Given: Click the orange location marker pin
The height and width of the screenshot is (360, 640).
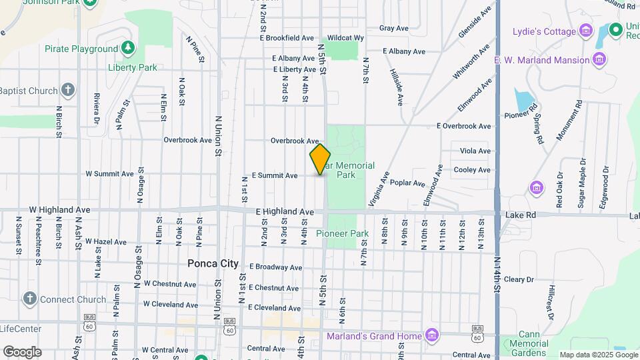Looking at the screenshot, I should pyautogui.click(x=320, y=159).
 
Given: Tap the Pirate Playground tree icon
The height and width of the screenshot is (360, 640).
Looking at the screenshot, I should pyautogui.click(x=128, y=49).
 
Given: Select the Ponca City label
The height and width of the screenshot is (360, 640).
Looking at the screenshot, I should pyautogui.click(x=213, y=263).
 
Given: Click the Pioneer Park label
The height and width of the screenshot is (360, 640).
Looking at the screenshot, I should pyautogui.click(x=342, y=234).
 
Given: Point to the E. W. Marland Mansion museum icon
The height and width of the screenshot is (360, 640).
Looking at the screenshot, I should pyautogui.click(x=599, y=60).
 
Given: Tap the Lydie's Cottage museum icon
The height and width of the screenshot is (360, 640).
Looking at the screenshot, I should pyautogui.click(x=586, y=31).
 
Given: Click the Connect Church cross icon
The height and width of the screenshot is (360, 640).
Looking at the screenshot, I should pyautogui.click(x=29, y=299).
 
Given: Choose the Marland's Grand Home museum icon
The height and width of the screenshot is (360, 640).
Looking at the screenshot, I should pyautogui.click(x=432, y=335).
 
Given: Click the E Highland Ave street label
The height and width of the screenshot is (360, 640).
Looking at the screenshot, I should pyautogui.click(x=285, y=212).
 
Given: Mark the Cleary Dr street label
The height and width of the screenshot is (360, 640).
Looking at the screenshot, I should pyautogui.click(x=519, y=280).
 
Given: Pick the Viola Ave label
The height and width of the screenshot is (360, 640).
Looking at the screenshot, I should pyautogui.click(x=475, y=151).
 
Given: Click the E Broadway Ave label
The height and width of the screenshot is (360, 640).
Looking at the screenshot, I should pyautogui.click(x=275, y=267).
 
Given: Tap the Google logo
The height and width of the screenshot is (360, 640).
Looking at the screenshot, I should pyautogui.click(x=22, y=351).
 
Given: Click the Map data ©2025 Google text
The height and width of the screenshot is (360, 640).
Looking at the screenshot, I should pyautogui.click(x=597, y=355).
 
